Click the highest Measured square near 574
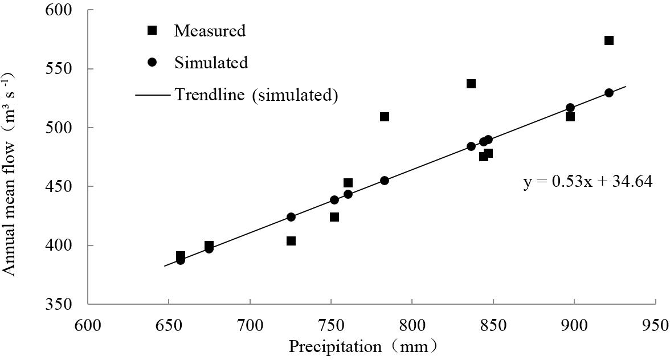coord(609,40)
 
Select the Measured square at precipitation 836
coord(471,84)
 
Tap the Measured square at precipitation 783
coord(385,117)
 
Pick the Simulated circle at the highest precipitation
coord(609,93)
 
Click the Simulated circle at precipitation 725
coord(291,217)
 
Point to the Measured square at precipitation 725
coord(291,241)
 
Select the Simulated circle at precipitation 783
coord(385,181)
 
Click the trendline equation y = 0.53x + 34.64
coord(587,182)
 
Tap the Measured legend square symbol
coord(152,30)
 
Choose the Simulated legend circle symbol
coord(152,62)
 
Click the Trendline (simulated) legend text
coord(256,95)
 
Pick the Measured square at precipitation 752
coord(334,217)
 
